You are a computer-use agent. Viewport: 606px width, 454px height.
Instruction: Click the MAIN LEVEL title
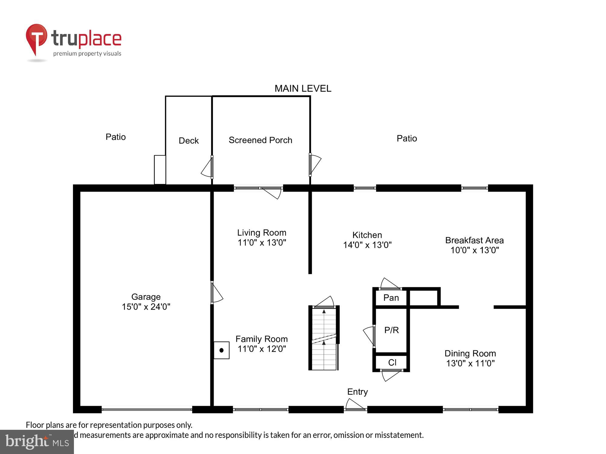pyautogui.click(x=303, y=88)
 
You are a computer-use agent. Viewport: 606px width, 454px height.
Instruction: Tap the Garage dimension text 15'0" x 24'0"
pyautogui.click(x=146, y=307)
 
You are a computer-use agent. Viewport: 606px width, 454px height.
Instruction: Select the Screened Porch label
pyautogui.click(x=260, y=140)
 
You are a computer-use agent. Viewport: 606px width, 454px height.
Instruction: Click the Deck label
pyautogui.click(x=188, y=141)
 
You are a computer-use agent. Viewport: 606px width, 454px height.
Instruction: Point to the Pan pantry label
pyautogui.click(x=391, y=298)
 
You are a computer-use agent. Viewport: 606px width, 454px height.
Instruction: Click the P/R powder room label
pyautogui.click(x=391, y=330)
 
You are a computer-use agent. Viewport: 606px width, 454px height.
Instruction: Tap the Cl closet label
pyautogui.click(x=392, y=363)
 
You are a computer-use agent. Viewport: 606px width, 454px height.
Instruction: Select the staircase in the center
pyautogui.click(x=324, y=339)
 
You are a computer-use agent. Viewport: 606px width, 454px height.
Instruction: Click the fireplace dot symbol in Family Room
pyautogui.click(x=221, y=350)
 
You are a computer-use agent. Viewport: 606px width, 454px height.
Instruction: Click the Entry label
pyautogui.click(x=357, y=392)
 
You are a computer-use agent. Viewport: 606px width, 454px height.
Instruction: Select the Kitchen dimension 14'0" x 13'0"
pyautogui.click(x=367, y=245)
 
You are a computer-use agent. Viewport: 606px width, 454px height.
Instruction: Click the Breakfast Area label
pyautogui.click(x=474, y=240)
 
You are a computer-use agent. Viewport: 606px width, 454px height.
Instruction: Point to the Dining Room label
pyautogui.click(x=470, y=354)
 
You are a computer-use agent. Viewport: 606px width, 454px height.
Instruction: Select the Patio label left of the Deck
pyautogui.click(x=115, y=137)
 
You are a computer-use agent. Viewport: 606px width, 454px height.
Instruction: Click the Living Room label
pyautogui.click(x=261, y=233)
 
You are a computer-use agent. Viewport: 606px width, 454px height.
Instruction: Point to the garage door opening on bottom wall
pyautogui.click(x=147, y=410)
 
